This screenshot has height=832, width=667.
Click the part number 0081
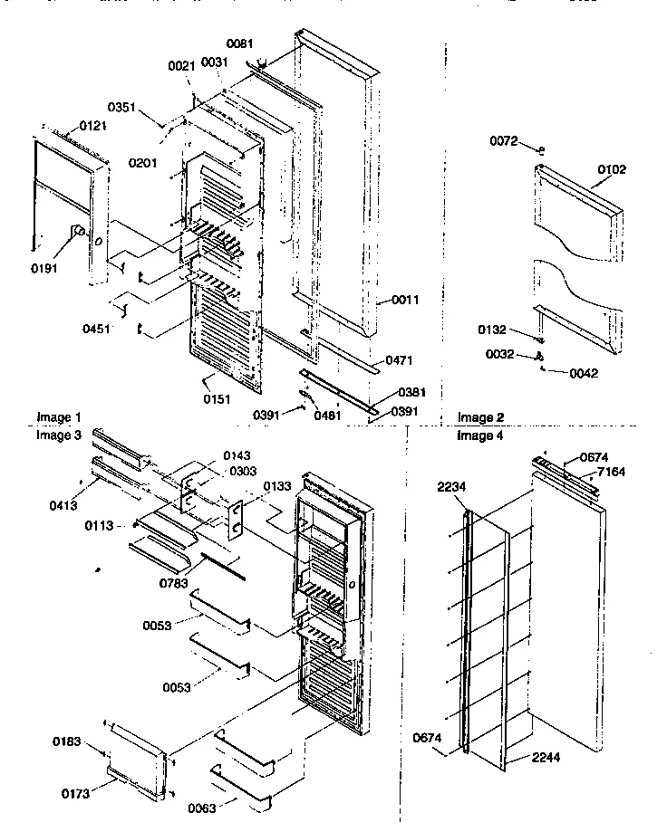(x=240, y=43)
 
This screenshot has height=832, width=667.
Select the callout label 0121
(x=93, y=125)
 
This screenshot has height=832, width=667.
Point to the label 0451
(x=96, y=329)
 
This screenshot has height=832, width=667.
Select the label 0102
(x=611, y=169)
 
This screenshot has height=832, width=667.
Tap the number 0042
(x=585, y=372)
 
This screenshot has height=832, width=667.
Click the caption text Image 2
(x=480, y=417)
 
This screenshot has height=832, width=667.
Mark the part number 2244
(x=546, y=757)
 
